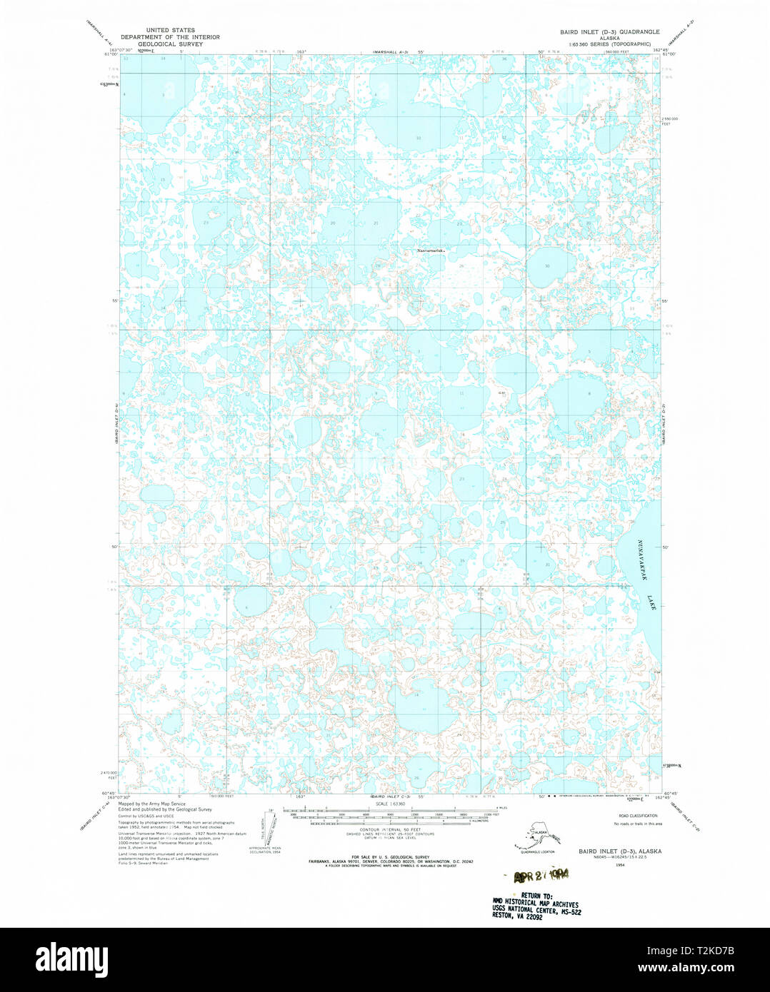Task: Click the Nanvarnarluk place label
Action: tap(430, 250)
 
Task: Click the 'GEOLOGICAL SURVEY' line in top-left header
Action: tap(170, 44)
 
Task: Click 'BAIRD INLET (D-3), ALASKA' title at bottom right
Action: tap(619, 851)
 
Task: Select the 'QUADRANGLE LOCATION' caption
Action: tap(537, 851)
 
